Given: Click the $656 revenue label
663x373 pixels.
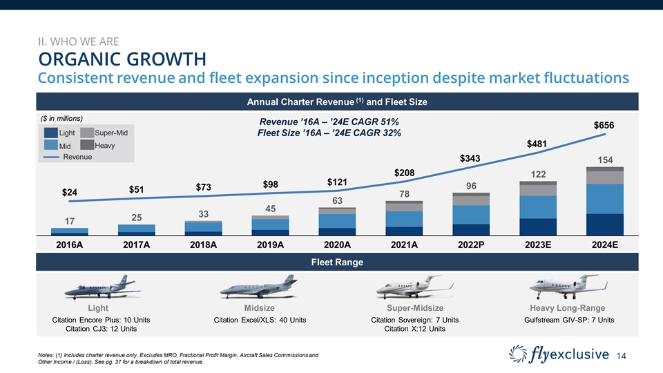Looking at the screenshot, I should [605, 126].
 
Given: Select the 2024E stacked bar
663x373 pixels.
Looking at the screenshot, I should [605, 202].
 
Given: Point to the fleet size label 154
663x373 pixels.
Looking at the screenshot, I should [605, 160].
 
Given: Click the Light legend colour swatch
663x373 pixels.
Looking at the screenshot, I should [50, 133].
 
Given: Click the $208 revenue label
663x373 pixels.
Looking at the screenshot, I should [405, 171].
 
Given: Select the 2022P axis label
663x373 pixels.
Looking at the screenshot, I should [471, 245].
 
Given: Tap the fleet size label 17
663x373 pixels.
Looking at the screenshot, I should [70, 222].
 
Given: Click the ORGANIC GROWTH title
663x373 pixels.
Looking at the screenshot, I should [122, 56].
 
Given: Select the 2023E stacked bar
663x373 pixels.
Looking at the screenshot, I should [538, 209].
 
